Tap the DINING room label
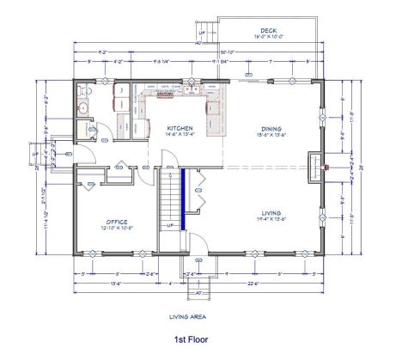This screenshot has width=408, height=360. [x=271, y=129]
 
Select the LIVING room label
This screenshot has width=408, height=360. [x=271, y=212]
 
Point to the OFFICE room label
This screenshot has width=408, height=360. [x=117, y=221]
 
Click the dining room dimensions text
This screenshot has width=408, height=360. [x=271, y=136]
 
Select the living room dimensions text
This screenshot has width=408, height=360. [x=271, y=220]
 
